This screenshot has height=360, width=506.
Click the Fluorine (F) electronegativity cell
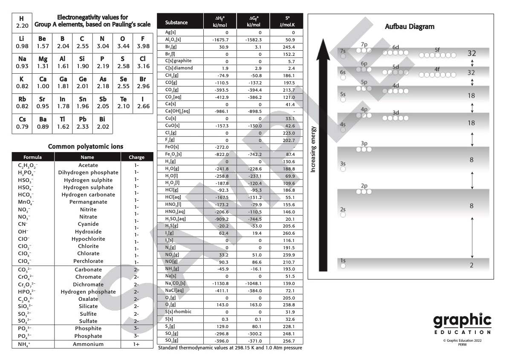[143, 42]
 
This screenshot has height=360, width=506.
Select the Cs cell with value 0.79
[22, 123]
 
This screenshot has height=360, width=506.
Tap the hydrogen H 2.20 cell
[22, 23]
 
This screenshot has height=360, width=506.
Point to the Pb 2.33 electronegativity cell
[82, 123]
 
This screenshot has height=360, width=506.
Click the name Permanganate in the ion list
[88, 202]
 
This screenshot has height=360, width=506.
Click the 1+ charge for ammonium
[136, 344]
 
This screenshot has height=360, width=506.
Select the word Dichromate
[88, 285]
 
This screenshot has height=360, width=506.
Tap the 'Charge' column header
[136, 157]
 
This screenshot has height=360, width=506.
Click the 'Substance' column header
[176, 22]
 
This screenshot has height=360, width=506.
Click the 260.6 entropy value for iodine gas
[288, 233]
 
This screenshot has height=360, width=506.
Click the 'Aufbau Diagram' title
[403, 26]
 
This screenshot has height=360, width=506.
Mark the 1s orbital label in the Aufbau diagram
[343, 261]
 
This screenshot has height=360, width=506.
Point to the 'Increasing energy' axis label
[313, 149]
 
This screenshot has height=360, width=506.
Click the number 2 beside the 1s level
[471, 265]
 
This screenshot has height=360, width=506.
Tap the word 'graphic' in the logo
[462, 320]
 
